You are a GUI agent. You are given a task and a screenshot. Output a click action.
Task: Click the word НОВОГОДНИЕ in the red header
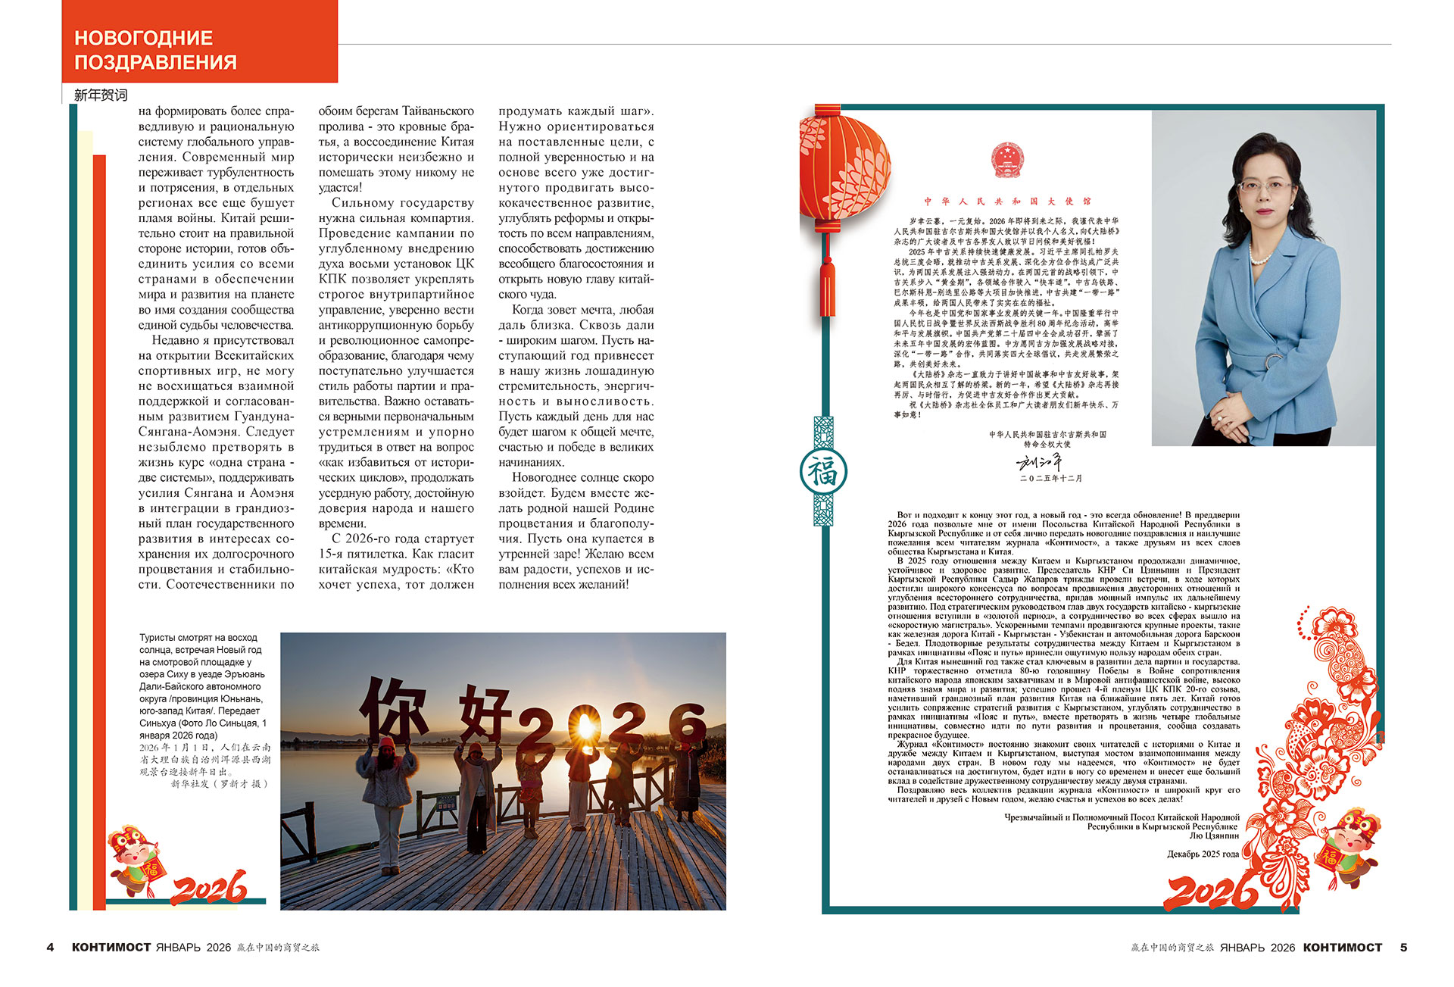pos(143,38)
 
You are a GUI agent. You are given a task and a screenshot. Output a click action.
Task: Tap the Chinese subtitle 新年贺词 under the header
pos(101,95)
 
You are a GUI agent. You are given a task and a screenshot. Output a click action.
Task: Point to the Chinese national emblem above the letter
pos(1006,160)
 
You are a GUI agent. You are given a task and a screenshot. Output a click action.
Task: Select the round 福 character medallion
pos(823,472)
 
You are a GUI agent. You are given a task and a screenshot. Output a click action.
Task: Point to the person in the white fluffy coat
pos(388,795)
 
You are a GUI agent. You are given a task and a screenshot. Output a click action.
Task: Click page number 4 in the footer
pos(50,948)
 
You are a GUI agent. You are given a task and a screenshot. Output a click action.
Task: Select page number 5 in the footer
pos(1403,948)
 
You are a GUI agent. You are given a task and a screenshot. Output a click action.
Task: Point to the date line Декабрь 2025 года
pos(1203,854)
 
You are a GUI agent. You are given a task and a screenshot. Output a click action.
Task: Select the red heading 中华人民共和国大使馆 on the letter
pos(1007,201)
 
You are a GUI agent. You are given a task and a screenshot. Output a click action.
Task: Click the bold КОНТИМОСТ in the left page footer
pos(111,948)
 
